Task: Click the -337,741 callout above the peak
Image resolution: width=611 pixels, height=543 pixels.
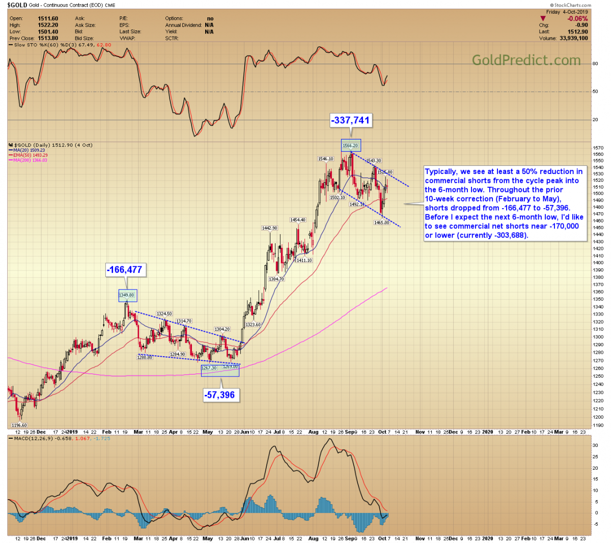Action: point(351,120)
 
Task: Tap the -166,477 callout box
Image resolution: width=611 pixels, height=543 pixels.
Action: point(125,270)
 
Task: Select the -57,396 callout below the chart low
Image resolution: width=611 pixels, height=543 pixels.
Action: point(220,395)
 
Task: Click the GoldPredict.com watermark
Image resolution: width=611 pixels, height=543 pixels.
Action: point(526,60)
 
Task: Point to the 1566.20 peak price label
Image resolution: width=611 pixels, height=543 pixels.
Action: point(350,146)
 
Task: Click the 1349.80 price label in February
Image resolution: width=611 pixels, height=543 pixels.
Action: point(127,295)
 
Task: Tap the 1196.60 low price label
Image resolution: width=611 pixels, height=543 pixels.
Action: point(19,425)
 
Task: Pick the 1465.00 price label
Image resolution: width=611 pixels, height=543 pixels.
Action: point(381,222)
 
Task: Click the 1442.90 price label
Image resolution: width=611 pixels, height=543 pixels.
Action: point(269,228)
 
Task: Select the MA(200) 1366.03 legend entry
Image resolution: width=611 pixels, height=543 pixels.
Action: point(30,160)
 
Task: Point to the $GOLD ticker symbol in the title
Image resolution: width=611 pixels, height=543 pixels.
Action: point(17,5)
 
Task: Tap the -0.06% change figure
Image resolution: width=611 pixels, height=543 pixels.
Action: point(578,19)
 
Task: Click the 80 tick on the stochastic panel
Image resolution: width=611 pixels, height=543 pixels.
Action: point(595,64)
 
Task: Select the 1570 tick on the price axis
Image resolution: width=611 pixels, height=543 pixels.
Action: point(598,148)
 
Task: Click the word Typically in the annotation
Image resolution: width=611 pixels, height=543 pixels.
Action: point(441,172)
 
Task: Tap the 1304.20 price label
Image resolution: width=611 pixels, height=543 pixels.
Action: point(223,329)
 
